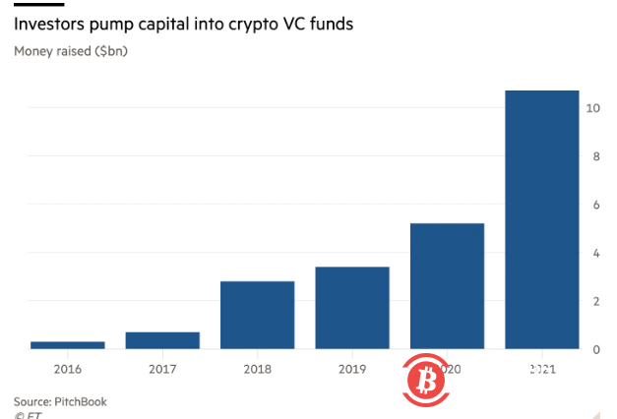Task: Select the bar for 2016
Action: pyautogui.click(x=68, y=344)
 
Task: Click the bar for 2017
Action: pyautogui.click(x=162, y=340)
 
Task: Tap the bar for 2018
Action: pyautogui.click(x=257, y=315)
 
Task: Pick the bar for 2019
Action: pyautogui.click(x=352, y=308)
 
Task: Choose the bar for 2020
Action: pyautogui.click(x=447, y=286)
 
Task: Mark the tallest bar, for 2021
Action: pyautogui.click(x=541, y=219)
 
